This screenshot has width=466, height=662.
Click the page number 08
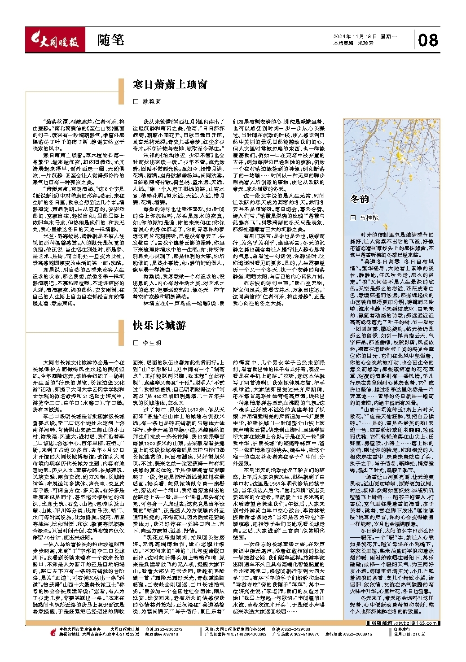[427, 41]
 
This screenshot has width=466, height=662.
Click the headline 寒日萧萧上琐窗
[170, 85]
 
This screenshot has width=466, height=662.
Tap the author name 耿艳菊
[152, 102]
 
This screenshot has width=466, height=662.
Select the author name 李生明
[152, 343]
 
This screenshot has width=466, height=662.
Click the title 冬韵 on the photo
[360, 199]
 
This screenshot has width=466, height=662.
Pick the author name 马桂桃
[369, 218]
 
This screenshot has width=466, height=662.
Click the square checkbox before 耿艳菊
[136, 102]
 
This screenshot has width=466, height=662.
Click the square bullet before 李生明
[136, 343]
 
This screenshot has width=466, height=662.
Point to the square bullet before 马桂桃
[353, 218]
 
